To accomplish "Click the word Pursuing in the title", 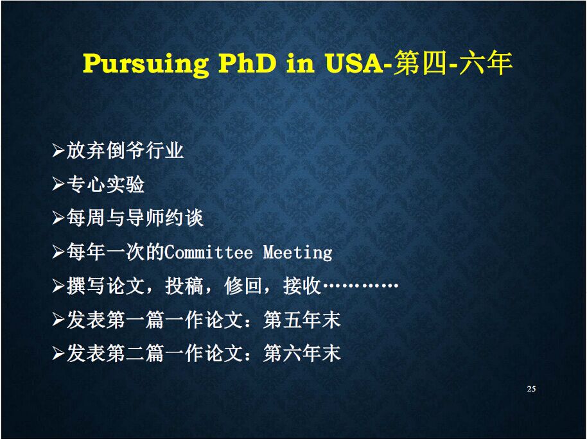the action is click(x=146, y=64).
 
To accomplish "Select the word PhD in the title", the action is click(x=247, y=62).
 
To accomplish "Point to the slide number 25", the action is click(x=531, y=389).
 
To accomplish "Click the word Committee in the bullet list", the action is click(x=209, y=252).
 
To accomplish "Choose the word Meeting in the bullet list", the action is click(x=297, y=252).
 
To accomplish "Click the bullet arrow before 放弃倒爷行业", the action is click(x=58, y=150).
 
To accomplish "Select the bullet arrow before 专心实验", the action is click(x=58, y=184).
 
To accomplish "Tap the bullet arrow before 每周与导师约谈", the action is click(x=58, y=218).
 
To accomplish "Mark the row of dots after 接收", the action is click(x=360, y=286).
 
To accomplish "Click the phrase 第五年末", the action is click(x=302, y=320).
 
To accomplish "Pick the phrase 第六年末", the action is click(x=302, y=353).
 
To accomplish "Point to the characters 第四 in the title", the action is click(x=420, y=62).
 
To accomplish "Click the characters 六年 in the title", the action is click(x=486, y=62).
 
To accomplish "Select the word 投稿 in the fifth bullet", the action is click(x=184, y=286).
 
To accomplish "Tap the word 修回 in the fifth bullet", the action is click(x=243, y=286).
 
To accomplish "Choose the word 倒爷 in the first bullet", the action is click(x=125, y=150).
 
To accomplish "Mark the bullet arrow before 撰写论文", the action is click(x=58, y=286).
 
